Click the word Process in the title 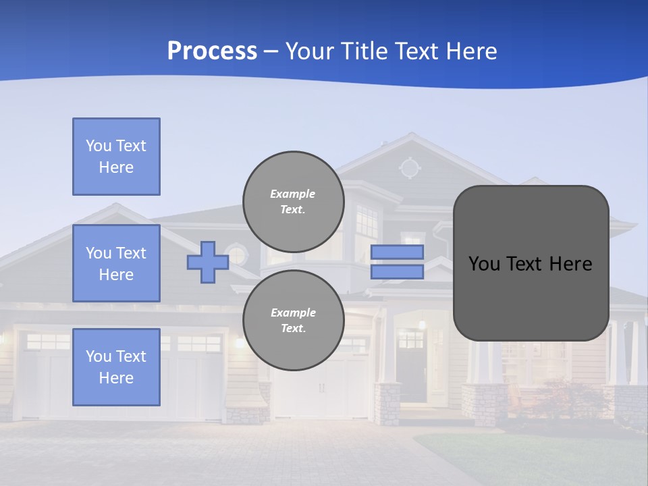[212, 51]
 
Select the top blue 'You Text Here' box [116, 157]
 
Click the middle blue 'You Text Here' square [116, 263]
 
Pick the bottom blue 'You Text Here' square [116, 367]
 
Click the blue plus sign [208, 263]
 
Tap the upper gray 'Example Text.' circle [293, 201]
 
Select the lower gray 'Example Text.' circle [293, 320]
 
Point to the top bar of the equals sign [397, 252]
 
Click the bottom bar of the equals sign [397, 272]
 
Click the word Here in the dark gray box [571, 264]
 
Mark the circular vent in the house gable [409, 167]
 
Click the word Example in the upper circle [293, 194]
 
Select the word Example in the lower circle [293, 313]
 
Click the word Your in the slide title [310, 51]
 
